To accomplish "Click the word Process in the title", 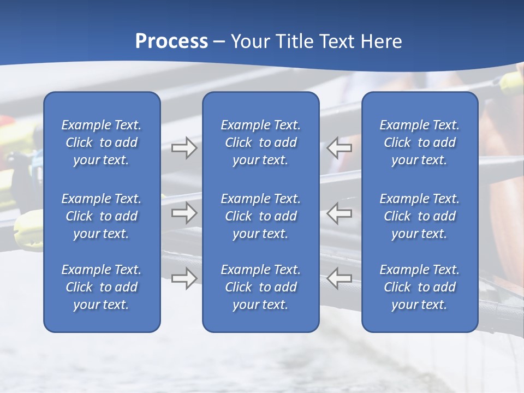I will [x=171, y=41].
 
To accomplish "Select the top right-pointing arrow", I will [x=184, y=148].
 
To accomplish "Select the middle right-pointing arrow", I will [x=184, y=213].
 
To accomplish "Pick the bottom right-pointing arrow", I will [x=184, y=278].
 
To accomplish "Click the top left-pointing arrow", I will [x=339, y=148].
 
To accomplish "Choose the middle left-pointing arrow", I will [x=339, y=213].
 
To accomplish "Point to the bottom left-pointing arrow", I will [x=339, y=278].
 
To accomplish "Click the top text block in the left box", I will [x=102, y=142].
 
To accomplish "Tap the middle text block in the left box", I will [x=102, y=216].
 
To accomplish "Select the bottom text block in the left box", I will [x=102, y=287].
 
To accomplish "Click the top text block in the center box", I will [x=261, y=142].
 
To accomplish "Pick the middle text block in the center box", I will [x=261, y=216].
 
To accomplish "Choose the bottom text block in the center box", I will [x=261, y=287].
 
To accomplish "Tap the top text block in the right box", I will [x=420, y=142].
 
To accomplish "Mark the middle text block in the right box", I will [x=420, y=216].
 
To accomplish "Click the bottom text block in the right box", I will [x=420, y=287].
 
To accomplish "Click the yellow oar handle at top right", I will [x=512, y=82].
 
